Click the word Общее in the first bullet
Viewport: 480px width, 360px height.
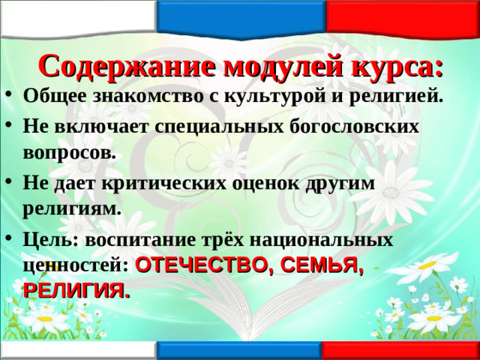[x=55, y=97]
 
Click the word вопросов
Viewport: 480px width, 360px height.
[x=70, y=153]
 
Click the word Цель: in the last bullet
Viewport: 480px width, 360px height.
[x=50, y=239]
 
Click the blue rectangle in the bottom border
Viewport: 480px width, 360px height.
[x=239, y=351]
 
